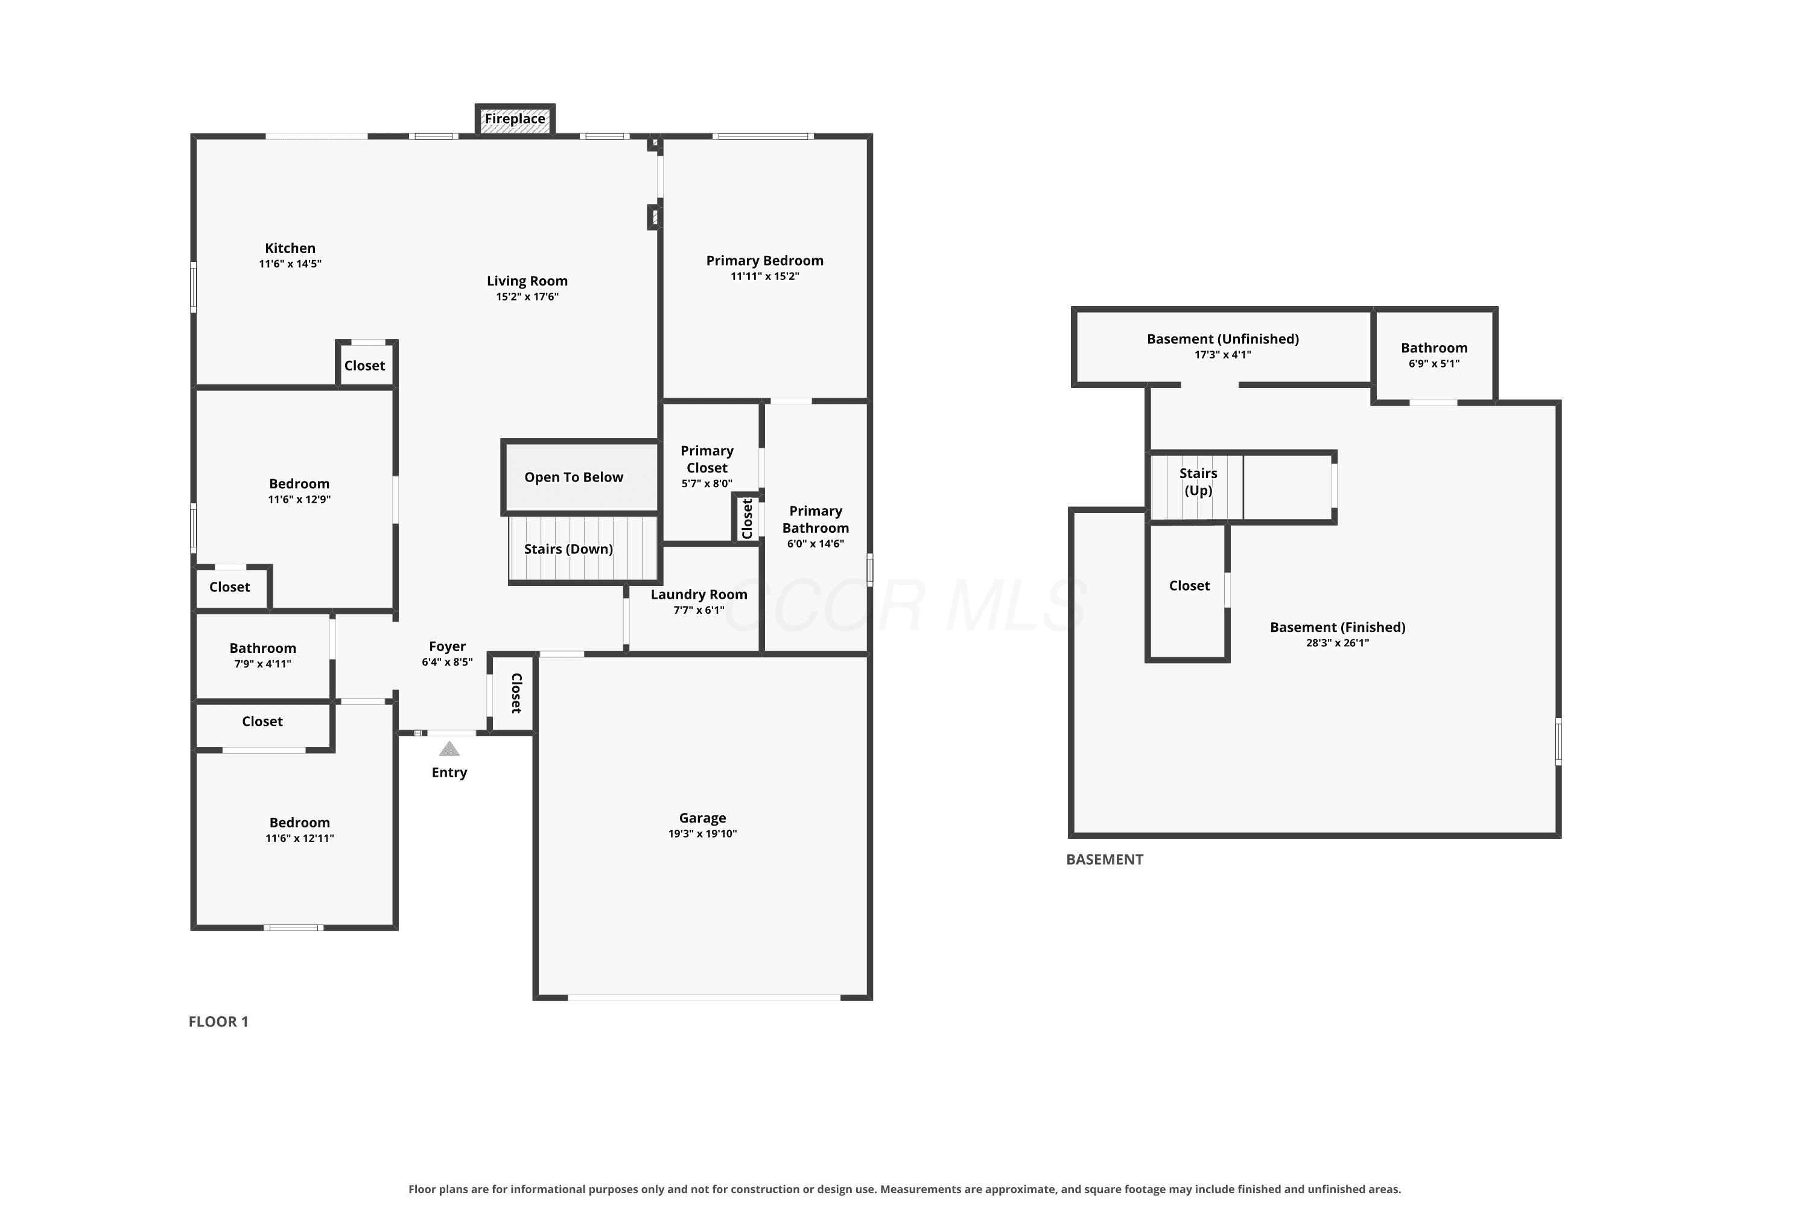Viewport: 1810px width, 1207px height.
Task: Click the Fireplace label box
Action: (515, 119)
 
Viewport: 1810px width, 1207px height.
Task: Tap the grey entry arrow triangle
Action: (449, 749)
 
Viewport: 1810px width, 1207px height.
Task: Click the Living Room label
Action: (527, 281)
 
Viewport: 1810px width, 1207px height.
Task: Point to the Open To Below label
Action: (574, 477)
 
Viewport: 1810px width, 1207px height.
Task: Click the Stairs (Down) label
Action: (569, 549)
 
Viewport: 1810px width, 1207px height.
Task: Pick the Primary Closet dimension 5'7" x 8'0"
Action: (707, 484)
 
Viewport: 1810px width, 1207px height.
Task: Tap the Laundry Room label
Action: (699, 594)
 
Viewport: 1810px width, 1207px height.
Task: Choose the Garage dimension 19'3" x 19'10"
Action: (703, 833)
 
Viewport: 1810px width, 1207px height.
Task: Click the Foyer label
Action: (447, 646)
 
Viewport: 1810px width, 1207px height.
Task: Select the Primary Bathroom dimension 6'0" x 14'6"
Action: (816, 544)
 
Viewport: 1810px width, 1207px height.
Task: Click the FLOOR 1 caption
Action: (218, 1022)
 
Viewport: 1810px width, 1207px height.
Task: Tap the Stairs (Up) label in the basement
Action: (1198, 482)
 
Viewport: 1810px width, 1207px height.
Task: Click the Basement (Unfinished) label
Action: (1223, 339)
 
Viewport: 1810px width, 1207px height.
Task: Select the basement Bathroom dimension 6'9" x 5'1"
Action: (1435, 364)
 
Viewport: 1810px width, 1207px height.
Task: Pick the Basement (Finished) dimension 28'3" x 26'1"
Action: (1338, 643)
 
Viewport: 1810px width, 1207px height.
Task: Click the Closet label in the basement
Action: (1190, 586)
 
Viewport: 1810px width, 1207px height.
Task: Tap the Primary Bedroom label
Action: (765, 261)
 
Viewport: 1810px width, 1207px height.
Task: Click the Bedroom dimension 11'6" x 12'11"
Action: (300, 838)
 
